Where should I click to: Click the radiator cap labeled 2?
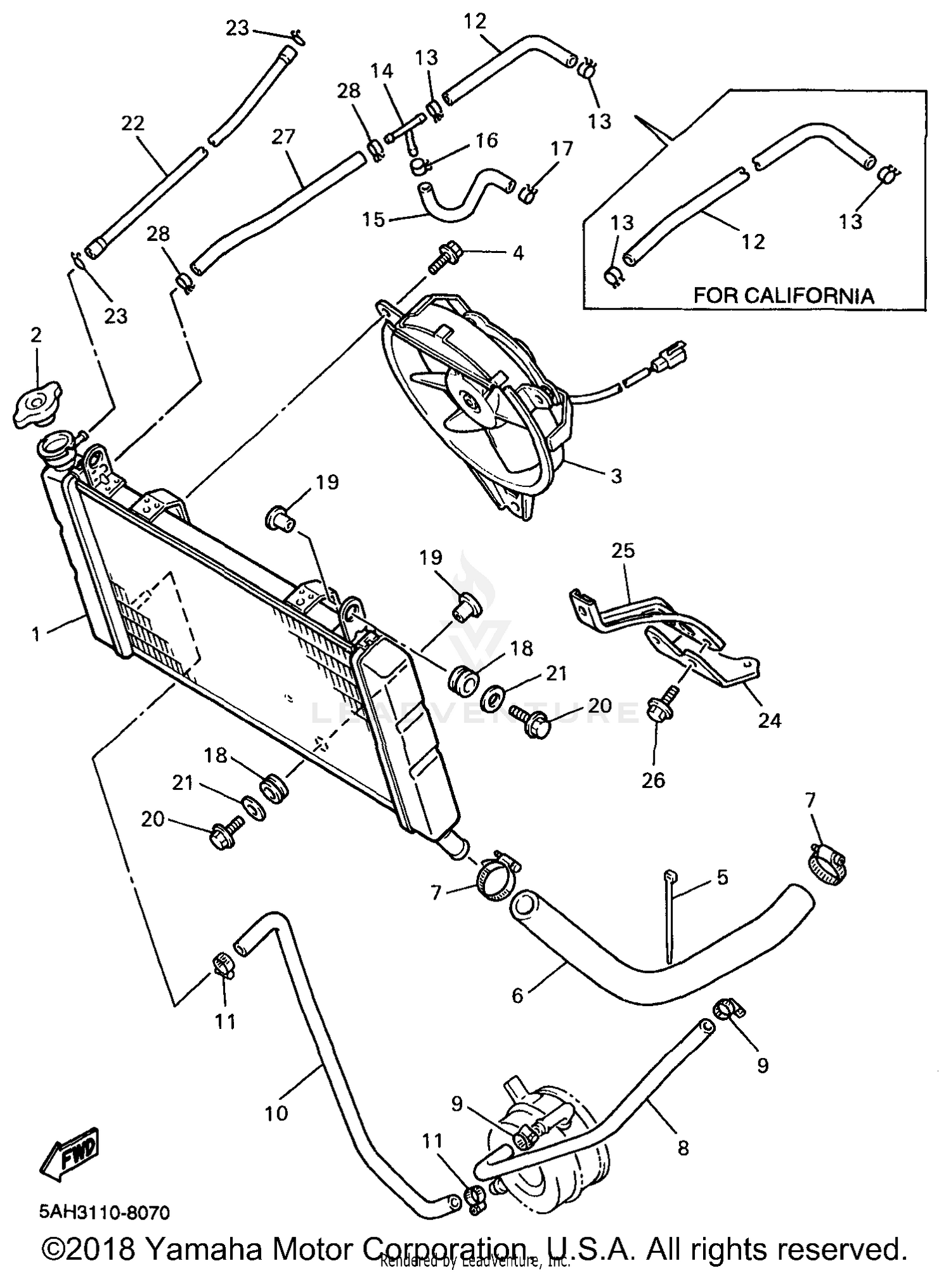click(x=37, y=404)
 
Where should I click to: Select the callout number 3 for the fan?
click(x=616, y=476)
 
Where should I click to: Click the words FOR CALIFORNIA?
click(x=784, y=295)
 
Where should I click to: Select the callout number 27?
click(x=283, y=137)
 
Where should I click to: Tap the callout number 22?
click(x=133, y=123)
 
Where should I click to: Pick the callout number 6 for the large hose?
click(x=517, y=996)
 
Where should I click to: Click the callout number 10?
click(x=276, y=1113)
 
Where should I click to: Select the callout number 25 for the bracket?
click(x=623, y=550)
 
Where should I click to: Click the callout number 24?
click(x=769, y=720)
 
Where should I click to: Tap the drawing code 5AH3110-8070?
click(x=105, y=1213)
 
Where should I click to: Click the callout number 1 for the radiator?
click(x=36, y=633)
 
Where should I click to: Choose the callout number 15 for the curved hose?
click(x=373, y=219)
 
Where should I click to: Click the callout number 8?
click(x=683, y=1147)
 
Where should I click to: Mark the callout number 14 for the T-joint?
click(x=382, y=71)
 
